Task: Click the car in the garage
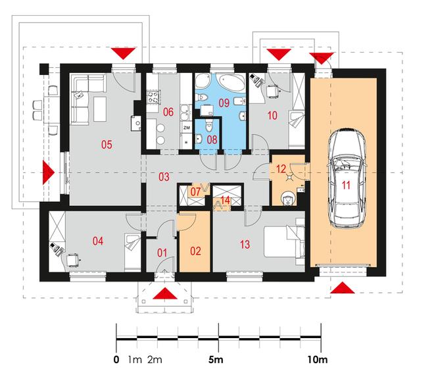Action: [x=347, y=178]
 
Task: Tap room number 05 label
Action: [x=107, y=144]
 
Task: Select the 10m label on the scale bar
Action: [x=318, y=360]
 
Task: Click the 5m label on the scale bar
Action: [x=216, y=360]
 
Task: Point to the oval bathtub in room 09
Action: [x=231, y=82]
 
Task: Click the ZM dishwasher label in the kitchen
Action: [x=187, y=128]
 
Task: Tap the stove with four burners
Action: [x=153, y=97]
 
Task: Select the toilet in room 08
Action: [x=209, y=126]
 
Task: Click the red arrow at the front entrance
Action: [x=165, y=293]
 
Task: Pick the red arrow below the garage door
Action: [x=343, y=287]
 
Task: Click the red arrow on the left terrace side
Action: [x=49, y=172]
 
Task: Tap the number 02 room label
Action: [x=195, y=251]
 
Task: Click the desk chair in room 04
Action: [x=72, y=260]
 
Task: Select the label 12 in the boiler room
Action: [x=281, y=169]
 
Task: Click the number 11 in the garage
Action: [x=346, y=185]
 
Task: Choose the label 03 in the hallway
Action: [x=164, y=177]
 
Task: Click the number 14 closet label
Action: [x=226, y=200]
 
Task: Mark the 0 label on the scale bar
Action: [x=116, y=360]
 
